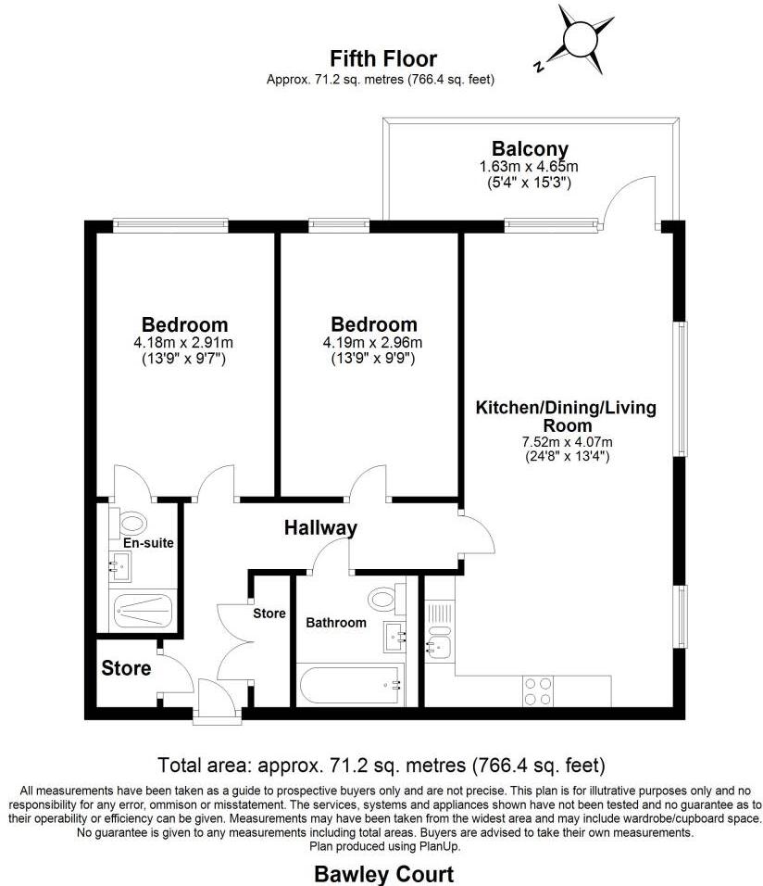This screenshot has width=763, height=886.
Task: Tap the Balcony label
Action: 530,148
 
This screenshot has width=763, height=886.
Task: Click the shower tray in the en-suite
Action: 143,611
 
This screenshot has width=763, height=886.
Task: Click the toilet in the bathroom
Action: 382,596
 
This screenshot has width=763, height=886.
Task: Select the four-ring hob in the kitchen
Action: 539,690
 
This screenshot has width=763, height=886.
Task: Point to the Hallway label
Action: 319,528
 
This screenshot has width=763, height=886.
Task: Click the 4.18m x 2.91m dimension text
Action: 184,342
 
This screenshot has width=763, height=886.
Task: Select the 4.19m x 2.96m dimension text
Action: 374,342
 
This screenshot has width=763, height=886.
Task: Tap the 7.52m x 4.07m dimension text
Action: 567,441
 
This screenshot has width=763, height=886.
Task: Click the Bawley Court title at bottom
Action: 383,873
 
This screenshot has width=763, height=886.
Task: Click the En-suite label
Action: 148,542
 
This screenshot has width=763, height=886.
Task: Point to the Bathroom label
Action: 336,623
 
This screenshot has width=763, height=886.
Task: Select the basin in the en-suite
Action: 119,563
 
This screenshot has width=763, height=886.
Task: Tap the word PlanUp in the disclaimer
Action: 438,845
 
